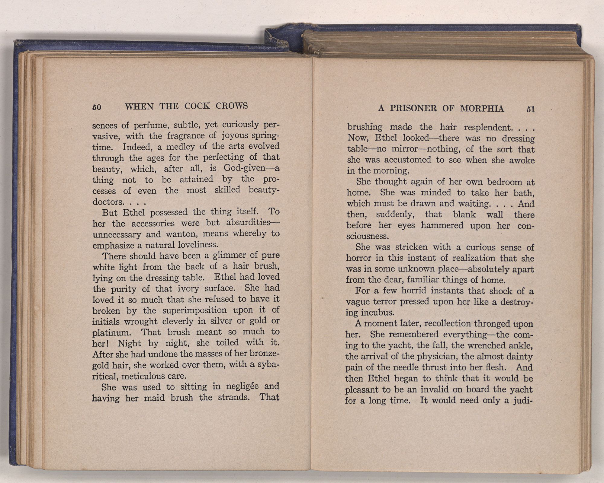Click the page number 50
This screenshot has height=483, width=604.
point(97,107)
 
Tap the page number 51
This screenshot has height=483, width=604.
point(531,109)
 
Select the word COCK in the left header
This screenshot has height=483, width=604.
point(197,106)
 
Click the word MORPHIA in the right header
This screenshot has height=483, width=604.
point(482,108)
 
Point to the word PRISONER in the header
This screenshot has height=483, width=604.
point(413,108)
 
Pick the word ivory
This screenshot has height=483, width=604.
point(188,289)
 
